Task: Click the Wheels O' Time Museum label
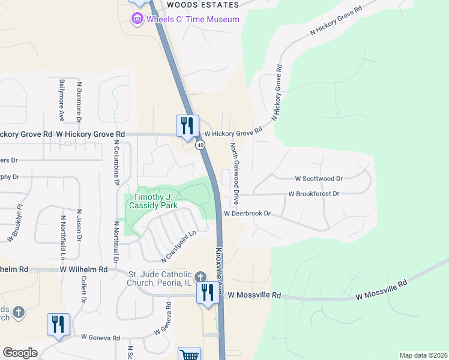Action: [x=193, y=19]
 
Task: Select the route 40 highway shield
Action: [x=200, y=145]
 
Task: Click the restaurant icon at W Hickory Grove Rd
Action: [x=187, y=125]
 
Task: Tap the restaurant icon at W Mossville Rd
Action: [x=208, y=292]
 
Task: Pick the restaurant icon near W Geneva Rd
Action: [x=58, y=324]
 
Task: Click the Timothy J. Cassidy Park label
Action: [x=155, y=201]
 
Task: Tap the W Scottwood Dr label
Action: [x=318, y=178]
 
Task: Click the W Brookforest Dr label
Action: [x=314, y=194]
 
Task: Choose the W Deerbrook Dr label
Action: [x=248, y=213]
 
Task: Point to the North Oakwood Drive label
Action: [x=236, y=171]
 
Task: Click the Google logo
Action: [x=20, y=353]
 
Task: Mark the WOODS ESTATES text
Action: [x=202, y=4]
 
